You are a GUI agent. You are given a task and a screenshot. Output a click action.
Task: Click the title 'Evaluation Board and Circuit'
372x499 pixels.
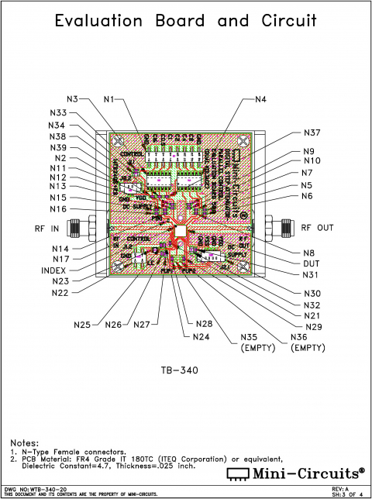tap(185, 22)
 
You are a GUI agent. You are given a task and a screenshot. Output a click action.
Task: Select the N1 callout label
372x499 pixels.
tap(108, 99)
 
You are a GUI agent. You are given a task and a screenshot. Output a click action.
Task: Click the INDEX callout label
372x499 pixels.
tap(54, 270)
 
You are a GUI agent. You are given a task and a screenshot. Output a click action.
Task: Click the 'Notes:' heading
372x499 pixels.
tap(25, 442)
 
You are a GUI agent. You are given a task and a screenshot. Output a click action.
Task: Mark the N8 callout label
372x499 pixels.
tap(308, 253)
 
